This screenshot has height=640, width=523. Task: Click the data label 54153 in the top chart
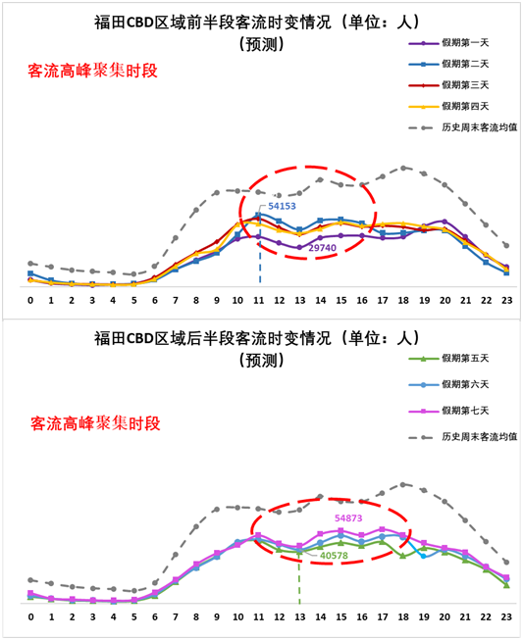tap(282, 206)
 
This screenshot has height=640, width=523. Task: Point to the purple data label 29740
tap(323, 248)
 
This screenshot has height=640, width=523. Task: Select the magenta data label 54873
tap(348, 517)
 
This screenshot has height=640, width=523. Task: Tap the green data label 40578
tap(334, 556)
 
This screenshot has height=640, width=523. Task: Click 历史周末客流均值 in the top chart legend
tap(479, 127)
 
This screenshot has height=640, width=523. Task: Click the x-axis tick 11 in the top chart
tap(258, 301)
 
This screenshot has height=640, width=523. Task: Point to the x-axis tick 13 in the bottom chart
tap(300, 616)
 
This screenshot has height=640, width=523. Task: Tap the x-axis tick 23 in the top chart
tap(506, 301)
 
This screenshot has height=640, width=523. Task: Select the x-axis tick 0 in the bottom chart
tap(31, 616)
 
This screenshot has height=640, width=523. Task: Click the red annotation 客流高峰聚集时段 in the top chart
tap(93, 71)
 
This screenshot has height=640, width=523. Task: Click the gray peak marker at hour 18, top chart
tap(403, 168)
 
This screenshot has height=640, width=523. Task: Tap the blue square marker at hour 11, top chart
tap(258, 215)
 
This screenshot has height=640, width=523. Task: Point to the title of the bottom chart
tap(257, 349)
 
